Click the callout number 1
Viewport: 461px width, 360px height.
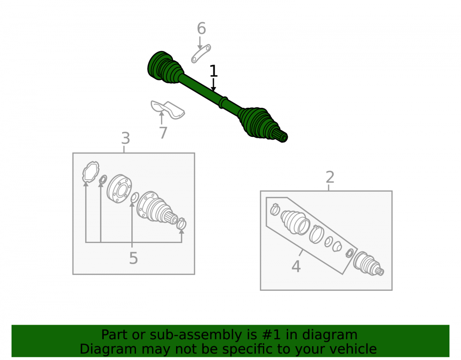213,71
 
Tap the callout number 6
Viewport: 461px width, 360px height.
201,29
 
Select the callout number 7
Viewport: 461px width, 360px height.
163,133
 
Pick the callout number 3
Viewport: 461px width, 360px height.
125,138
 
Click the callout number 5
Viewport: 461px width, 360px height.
134,258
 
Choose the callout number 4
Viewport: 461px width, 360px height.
296,266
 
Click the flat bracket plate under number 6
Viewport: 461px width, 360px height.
201,54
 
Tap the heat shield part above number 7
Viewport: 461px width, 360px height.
168,109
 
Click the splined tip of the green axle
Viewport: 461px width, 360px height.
283,136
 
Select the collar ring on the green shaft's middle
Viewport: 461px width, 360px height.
224,102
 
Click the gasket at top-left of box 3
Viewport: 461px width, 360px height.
90,172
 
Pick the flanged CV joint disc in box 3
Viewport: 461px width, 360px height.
119,189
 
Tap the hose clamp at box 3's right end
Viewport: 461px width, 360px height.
181,224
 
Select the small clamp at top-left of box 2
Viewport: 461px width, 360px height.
275,210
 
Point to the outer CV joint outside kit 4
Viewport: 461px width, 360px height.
368,264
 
